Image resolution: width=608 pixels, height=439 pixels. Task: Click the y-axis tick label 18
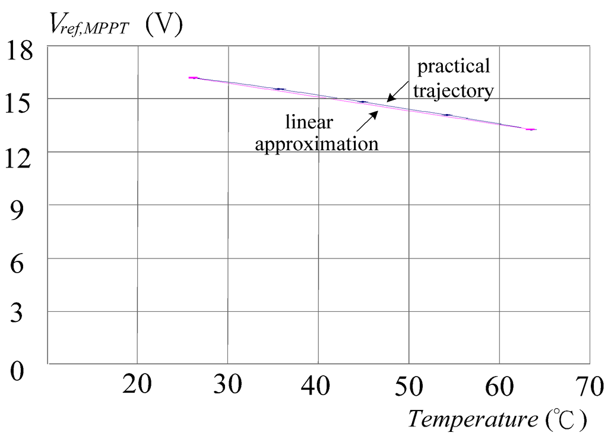tap(21, 52)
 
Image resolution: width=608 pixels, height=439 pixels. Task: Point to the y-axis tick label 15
tap(21, 106)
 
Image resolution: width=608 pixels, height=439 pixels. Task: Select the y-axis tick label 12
tap(21, 159)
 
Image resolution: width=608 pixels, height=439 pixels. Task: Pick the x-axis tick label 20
tap(138, 386)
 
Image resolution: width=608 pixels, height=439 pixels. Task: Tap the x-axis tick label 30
tap(228, 386)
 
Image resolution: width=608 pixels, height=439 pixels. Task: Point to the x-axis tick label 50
tap(409, 386)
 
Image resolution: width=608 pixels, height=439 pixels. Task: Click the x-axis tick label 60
tap(499, 386)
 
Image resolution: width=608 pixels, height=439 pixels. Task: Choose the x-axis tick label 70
tap(588, 386)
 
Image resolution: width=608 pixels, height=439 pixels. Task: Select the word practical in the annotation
tap(454, 67)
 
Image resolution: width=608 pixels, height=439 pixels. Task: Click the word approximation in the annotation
tap(316, 144)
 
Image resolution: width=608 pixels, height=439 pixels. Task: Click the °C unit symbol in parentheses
tap(565, 419)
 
